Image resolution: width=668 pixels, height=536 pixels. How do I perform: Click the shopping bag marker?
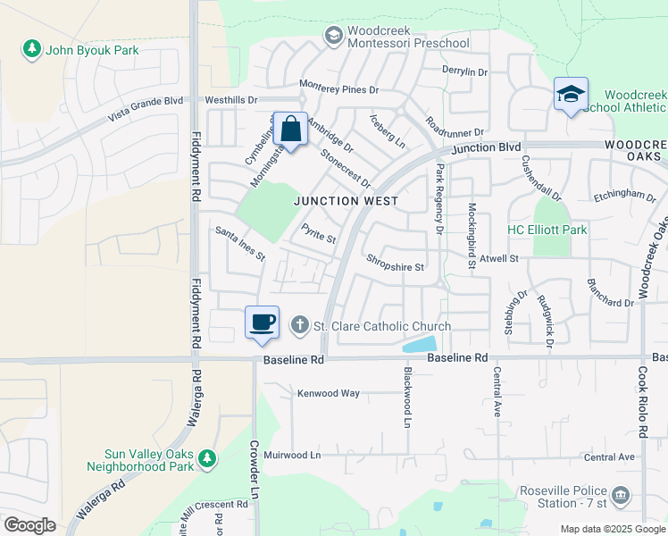pos(290,130)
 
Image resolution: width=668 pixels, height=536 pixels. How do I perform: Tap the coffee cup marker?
pos(262,322)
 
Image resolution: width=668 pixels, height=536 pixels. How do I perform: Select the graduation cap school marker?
pos(571,94)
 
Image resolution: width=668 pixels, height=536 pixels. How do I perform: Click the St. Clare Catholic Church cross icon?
pos(301,326)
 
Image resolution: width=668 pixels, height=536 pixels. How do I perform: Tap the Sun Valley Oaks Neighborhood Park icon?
pos(207,458)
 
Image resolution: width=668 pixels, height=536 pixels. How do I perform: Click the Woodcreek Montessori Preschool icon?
pos(334,36)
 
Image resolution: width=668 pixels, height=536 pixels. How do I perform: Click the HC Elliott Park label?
pos(547,230)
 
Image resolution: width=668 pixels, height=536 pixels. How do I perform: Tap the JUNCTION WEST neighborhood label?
pos(347,201)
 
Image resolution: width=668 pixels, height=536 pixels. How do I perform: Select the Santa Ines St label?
pos(240,244)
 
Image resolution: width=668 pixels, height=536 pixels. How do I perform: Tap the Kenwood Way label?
pos(328,393)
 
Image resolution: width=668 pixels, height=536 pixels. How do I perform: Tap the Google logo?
pos(29,525)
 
